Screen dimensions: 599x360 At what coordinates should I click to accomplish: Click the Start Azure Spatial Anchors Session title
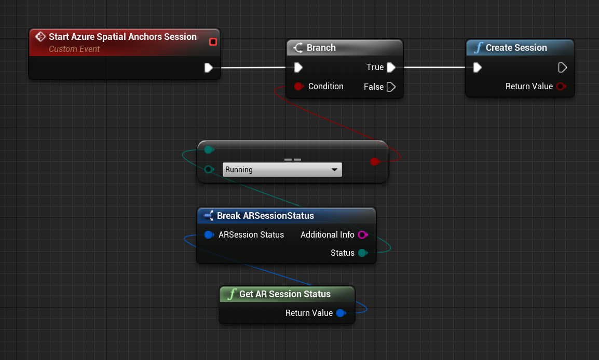[x=122, y=37]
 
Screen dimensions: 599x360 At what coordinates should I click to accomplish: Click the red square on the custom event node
[x=213, y=41]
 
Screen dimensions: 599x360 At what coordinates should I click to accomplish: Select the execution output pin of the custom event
[x=209, y=67]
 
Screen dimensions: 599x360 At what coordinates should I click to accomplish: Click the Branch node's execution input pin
[x=298, y=67]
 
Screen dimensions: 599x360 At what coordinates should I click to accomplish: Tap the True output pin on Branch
[x=391, y=67]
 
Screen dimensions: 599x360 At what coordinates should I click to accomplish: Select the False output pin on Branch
[x=391, y=87]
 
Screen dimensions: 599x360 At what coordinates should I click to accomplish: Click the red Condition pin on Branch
[x=299, y=86]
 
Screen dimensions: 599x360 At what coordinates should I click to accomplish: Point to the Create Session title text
[x=516, y=48]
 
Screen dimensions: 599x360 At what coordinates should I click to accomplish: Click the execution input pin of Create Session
[x=477, y=67]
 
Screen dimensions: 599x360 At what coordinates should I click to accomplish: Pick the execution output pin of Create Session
[x=562, y=67]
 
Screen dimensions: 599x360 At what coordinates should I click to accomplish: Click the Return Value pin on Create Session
[x=561, y=86]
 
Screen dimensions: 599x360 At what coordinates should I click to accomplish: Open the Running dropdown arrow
[x=334, y=170]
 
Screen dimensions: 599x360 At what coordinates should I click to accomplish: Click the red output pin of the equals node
[x=375, y=161]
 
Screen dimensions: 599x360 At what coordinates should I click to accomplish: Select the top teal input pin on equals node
[x=209, y=149]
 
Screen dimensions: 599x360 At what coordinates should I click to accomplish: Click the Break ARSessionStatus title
[x=265, y=216]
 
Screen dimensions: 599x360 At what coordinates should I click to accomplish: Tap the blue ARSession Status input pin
[x=209, y=235]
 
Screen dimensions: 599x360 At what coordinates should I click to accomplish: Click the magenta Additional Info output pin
[x=363, y=235]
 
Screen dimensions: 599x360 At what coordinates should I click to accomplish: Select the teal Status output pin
[x=363, y=253]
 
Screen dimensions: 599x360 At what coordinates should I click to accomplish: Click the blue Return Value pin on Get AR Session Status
[x=341, y=313]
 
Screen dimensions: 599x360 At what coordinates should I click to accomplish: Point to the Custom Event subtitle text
[x=74, y=49]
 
